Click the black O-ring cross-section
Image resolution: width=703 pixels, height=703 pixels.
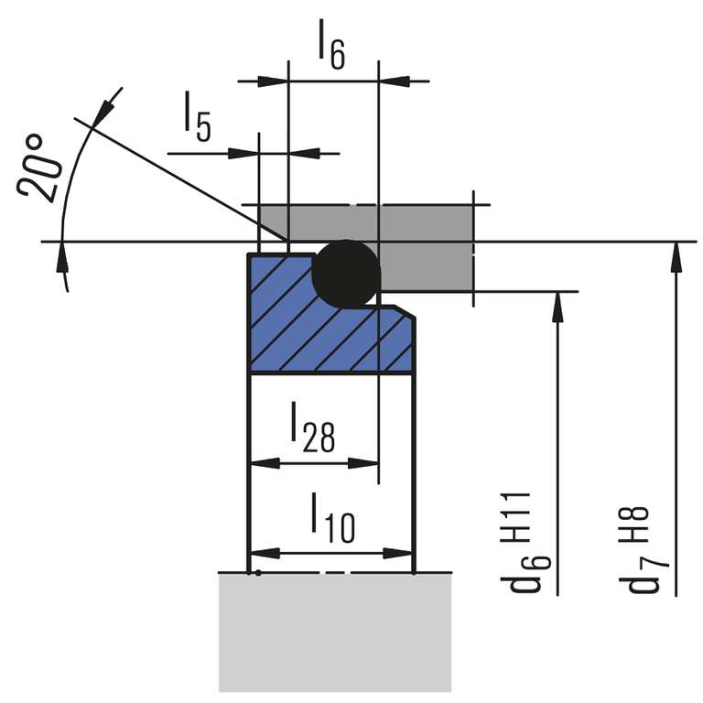[x=346, y=272]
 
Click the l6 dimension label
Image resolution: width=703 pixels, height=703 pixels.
[x=331, y=45]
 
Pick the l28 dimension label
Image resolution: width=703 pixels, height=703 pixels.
[x=312, y=428]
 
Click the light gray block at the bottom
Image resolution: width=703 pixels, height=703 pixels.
[x=335, y=632]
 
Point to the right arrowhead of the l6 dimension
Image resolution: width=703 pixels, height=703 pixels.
[x=392, y=81]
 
